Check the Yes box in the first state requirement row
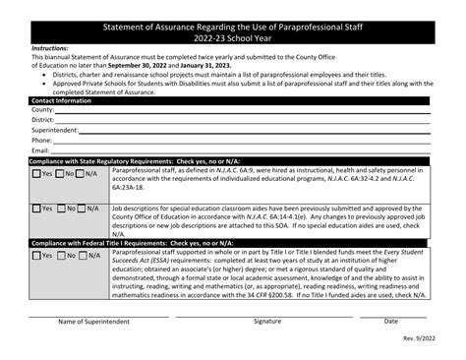click(x=37, y=173)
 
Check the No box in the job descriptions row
click(x=59, y=210)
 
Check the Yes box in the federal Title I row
click(x=37, y=256)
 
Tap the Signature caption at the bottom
click(x=266, y=322)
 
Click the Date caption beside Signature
click(x=391, y=322)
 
